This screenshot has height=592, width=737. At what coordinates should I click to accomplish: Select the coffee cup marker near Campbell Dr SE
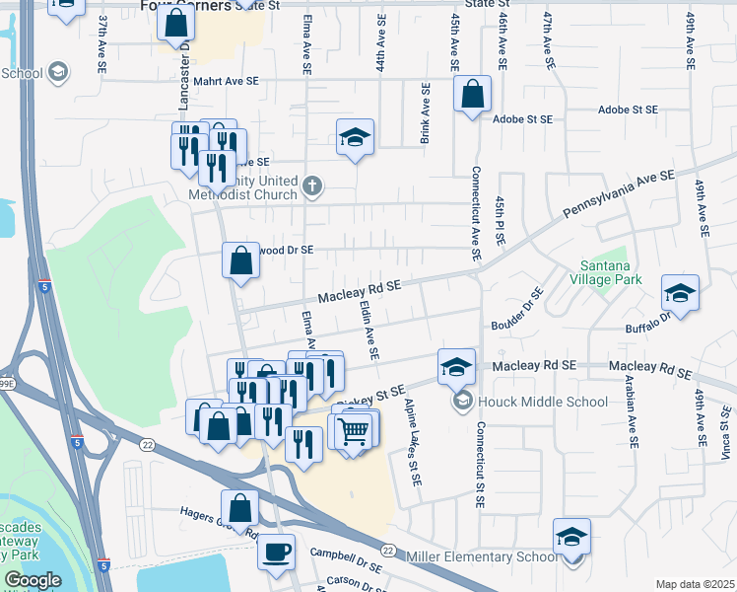276,551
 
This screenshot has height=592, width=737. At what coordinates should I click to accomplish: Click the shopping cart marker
353,431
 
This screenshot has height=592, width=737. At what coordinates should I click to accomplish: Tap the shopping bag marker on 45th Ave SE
473,95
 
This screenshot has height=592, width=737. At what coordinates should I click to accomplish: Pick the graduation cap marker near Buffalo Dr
680,292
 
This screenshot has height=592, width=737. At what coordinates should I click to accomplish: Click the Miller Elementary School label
480,557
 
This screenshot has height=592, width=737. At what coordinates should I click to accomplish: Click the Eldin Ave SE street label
371,333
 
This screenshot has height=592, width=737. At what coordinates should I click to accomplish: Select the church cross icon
311,185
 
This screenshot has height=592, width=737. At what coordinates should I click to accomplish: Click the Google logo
33,580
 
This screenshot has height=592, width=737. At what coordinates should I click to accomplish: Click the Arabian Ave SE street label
629,405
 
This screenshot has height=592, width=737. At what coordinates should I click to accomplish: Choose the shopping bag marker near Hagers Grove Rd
239,509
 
